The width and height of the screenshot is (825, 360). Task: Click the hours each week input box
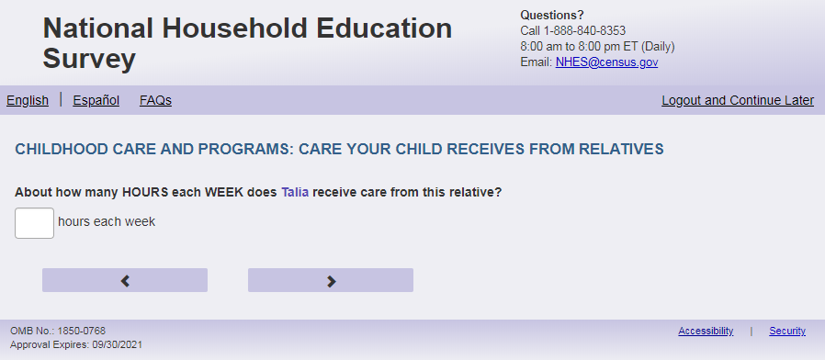point(34,223)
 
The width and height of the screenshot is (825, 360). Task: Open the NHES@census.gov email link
point(606,62)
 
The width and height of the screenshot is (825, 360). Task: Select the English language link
point(28,100)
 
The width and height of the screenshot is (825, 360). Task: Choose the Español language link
point(96,100)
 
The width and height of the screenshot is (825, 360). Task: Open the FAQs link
point(156,100)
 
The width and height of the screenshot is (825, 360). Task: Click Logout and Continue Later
point(738,100)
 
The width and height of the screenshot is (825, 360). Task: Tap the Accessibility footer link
point(706,331)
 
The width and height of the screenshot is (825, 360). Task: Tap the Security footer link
point(787,331)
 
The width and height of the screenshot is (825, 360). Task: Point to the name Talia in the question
point(295,193)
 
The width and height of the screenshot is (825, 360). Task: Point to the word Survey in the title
point(89,59)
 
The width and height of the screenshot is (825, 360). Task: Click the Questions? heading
point(552,16)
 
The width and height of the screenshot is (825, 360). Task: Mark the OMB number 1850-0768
point(82,331)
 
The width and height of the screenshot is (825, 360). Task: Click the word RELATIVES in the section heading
point(621,150)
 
